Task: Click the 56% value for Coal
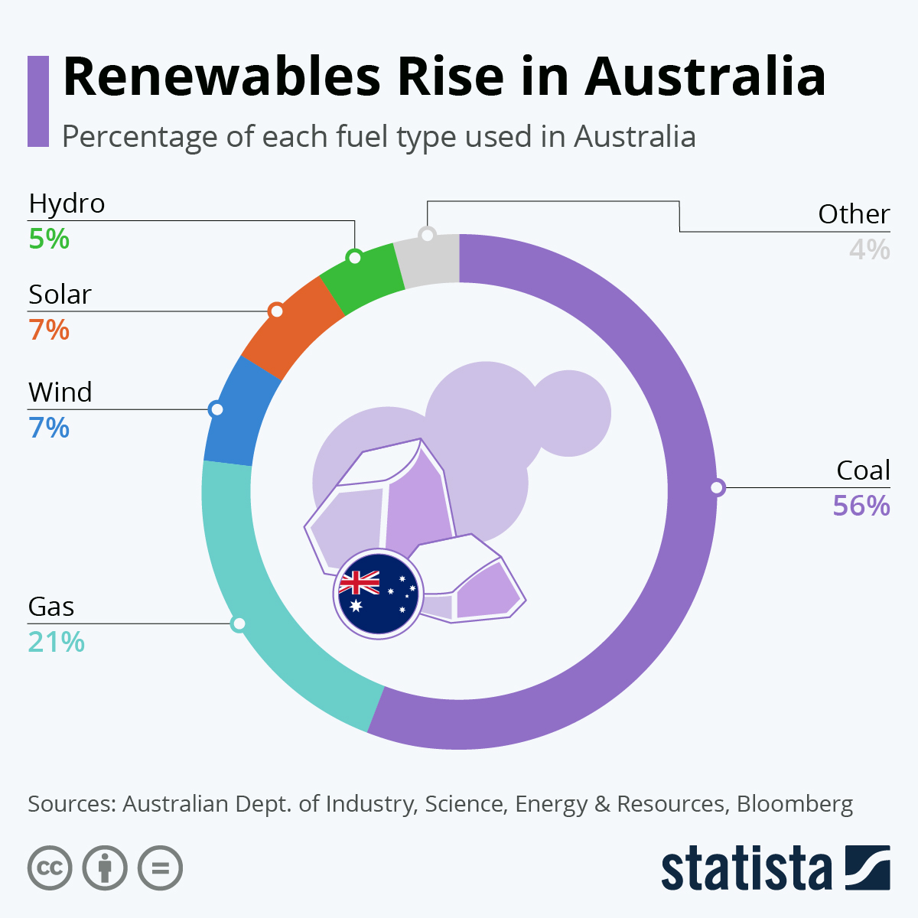pyautogui.click(x=861, y=506)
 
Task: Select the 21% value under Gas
pyautogui.click(x=56, y=642)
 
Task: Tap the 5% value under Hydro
pyautogui.click(x=49, y=239)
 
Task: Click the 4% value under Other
pyautogui.click(x=870, y=250)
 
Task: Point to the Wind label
pyautogui.click(x=60, y=392)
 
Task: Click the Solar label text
pyautogui.click(x=60, y=295)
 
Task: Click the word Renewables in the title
pyautogui.click(x=222, y=76)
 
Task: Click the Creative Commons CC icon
pyautogui.click(x=50, y=868)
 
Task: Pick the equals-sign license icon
pyautogui.click(x=160, y=868)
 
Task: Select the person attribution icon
pyautogui.click(x=105, y=868)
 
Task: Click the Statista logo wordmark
pyautogui.click(x=746, y=868)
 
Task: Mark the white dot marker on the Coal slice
pyautogui.click(x=717, y=487)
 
